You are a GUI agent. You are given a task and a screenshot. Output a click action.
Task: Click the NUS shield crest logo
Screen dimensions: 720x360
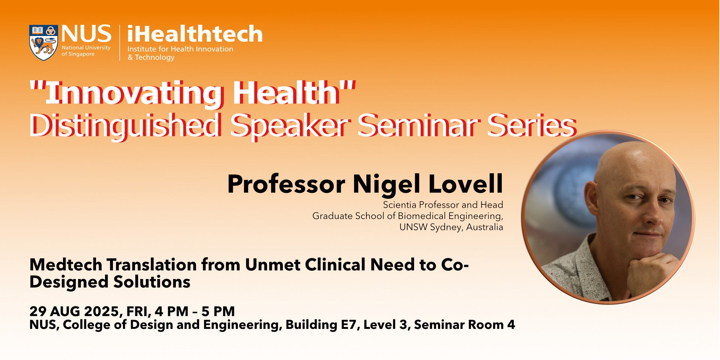pyautogui.click(x=43, y=43)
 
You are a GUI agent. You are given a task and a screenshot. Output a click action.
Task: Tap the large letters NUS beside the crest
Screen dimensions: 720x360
pyautogui.click(x=86, y=34)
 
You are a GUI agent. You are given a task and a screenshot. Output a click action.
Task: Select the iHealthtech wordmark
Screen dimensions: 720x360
pyautogui.click(x=195, y=34)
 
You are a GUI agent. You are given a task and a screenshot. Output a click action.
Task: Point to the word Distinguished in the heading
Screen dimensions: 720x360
pyautogui.click(x=124, y=126)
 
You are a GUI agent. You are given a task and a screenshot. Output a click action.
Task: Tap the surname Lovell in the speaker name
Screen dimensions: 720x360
pyautogui.click(x=465, y=184)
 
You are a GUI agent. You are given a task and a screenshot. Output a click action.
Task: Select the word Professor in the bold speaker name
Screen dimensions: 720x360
pyautogui.click(x=286, y=184)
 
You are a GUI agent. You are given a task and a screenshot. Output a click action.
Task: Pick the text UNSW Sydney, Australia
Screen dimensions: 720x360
pyautogui.click(x=451, y=227)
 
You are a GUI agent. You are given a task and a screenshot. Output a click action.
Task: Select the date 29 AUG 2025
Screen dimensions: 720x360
pyautogui.click(x=74, y=311)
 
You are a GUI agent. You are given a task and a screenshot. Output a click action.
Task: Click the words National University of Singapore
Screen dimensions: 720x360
pyautogui.click(x=86, y=51)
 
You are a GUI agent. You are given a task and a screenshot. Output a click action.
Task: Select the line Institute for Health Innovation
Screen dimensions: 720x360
pyautogui.click(x=180, y=49)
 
